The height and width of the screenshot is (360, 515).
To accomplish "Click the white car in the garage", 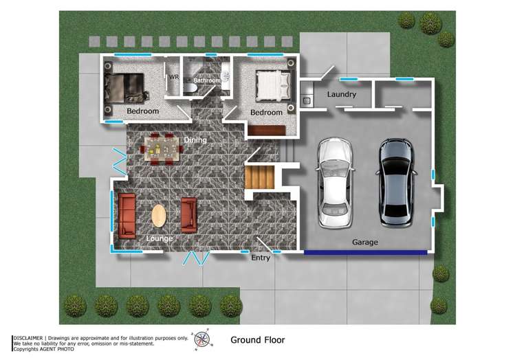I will [x=336, y=183].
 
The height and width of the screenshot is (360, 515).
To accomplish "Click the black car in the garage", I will [x=397, y=183].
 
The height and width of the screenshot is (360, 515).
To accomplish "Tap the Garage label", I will [x=364, y=242].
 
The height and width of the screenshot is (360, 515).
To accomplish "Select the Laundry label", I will [x=341, y=94].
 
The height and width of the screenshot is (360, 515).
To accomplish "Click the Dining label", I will [x=195, y=140].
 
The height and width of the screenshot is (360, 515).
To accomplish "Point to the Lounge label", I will [x=159, y=238].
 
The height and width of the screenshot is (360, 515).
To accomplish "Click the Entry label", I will [x=261, y=258].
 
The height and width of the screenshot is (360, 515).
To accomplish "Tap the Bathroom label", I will [x=206, y=80].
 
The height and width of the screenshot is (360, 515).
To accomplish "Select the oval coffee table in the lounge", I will [x=159, y=216].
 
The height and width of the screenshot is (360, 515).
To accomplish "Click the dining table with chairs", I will [x=162, y=148].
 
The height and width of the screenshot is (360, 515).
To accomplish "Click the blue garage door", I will [x=365, y=253].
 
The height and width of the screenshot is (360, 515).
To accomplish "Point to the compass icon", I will [x=201, y=339].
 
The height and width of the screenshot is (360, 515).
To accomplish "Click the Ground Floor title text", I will [x=257, y=339].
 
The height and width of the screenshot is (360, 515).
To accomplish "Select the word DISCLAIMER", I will [x=29, y=338].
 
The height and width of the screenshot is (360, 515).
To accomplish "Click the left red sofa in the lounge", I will [x=127, y=215].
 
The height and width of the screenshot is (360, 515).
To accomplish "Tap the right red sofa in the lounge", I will [x=188, y=215].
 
